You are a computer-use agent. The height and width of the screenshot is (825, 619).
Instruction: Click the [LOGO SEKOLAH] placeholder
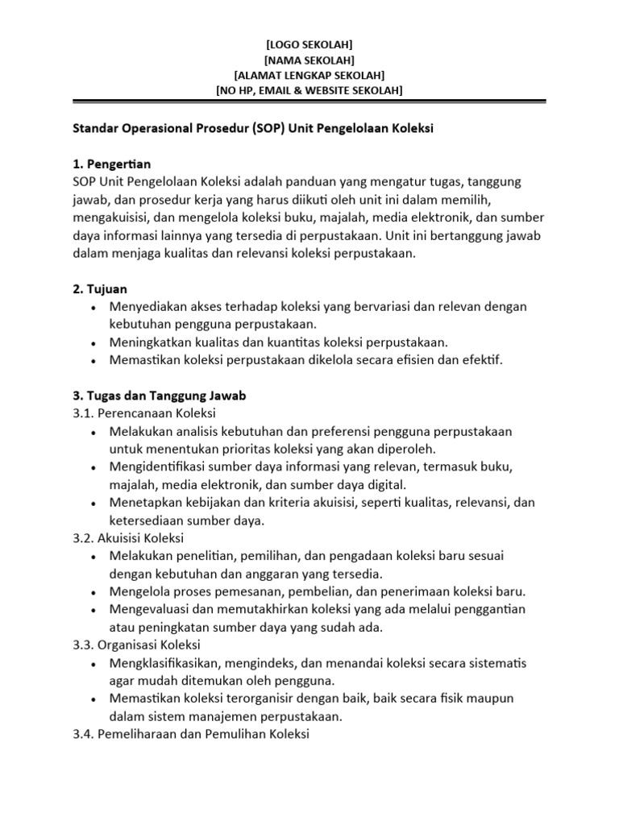point(309,44)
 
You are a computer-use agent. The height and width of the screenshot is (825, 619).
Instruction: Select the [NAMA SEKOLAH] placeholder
point(309,60)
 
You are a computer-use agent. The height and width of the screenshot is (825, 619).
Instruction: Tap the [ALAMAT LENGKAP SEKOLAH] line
point(309,75)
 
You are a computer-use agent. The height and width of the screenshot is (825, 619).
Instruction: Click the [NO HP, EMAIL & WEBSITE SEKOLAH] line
point(309,90)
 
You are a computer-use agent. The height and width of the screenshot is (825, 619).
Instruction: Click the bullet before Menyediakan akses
point(95,307)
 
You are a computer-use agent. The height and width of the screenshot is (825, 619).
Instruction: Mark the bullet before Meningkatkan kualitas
point(95,342)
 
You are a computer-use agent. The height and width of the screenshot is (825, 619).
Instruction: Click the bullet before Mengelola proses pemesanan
point(95,591)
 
